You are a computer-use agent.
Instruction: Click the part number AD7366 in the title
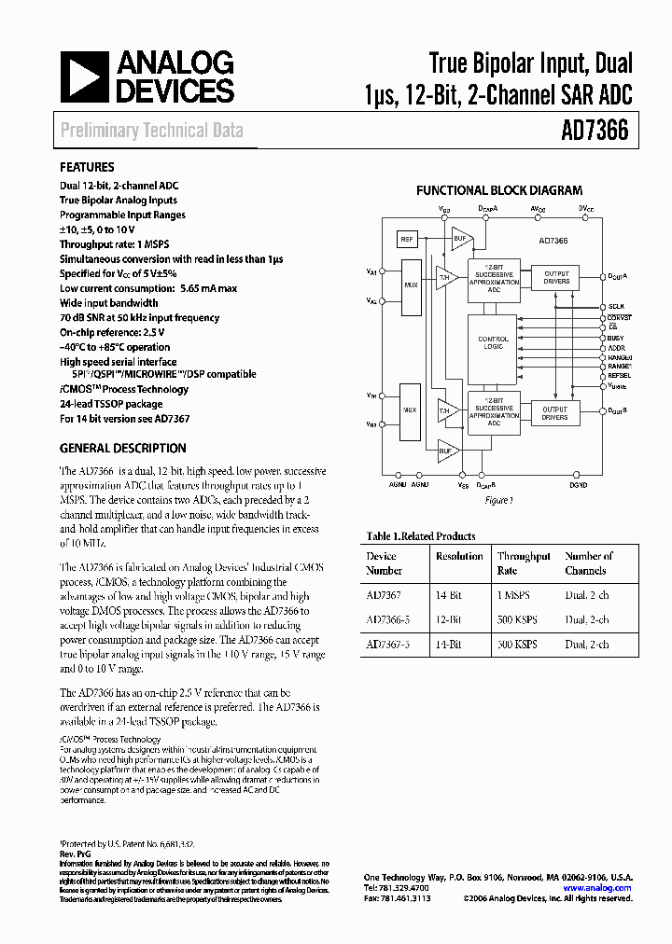pyautogui.click(x=595, y=132)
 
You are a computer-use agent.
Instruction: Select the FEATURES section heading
pyautogui.click(x=87, y=168)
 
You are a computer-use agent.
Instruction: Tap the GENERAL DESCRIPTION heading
pyautogui.click(x=122, y=448)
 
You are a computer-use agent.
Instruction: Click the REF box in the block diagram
pyautogui.click(x=407, y=239)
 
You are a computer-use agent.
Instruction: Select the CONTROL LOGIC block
pyautogui.click(x=493, y=342)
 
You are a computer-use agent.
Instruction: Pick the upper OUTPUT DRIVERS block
pyautogui.click(x=554, y=277)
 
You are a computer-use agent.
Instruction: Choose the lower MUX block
pyautogui.click(x=409, y=410)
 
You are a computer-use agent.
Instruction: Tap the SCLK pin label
pyautogui.click(x=616, y=306)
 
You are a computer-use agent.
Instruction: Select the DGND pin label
pyautogui.click(x=579, y=486)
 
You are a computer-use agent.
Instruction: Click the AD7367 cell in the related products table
pyautogui.click(x=382, y=592)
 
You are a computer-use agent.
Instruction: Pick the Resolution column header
pyautogui.click(x=459, y=556)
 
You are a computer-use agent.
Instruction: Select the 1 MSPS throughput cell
pyautogui.click(x=514, y=592)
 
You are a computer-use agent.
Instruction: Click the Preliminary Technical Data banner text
pyautogui.click(x=151, y=131)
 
